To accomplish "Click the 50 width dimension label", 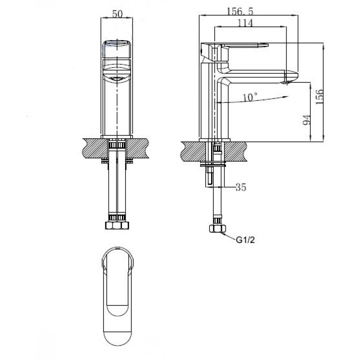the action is [117, 14].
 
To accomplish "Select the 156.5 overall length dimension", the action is [240, 11].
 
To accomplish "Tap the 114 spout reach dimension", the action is [245, 23].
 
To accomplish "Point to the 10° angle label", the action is [250, 97].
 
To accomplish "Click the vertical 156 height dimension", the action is [319, 97].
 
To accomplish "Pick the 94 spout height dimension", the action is [307, 120].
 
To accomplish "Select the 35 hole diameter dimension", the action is [241, 187].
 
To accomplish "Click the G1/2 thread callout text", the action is [245, 240].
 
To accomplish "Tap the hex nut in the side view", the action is [217, 229].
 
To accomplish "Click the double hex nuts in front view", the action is [117, 225].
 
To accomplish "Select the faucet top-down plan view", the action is [117, 296].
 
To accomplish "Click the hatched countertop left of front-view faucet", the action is [95, 148].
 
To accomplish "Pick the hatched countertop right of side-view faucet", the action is [235, 151].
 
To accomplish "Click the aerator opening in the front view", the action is [117, 78].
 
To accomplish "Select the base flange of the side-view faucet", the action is [215, 140].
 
